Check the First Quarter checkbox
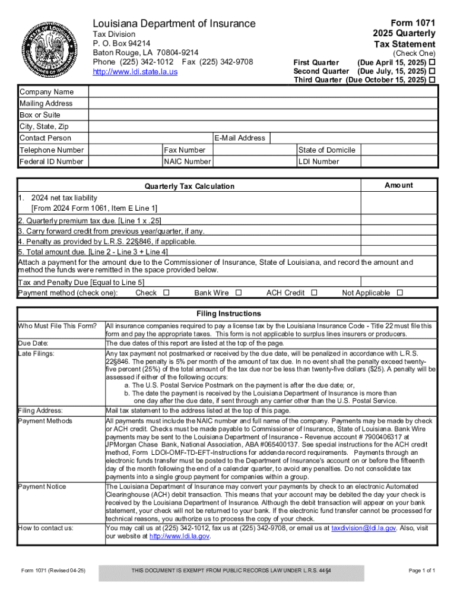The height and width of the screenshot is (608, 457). [x=433, y=62]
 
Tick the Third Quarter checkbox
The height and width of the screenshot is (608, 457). [x=433, y=80]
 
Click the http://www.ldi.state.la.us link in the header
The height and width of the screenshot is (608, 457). [x=135, y=72]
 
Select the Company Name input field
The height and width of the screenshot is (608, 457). [x=263, y=92]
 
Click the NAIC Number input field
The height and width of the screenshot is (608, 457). [x=254, y=161]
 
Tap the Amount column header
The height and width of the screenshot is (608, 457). [x=399, y=185]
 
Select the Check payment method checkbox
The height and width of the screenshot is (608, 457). [x=166, y=293]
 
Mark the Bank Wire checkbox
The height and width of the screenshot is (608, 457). [x=239, y=293]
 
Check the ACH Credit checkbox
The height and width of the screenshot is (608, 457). [x=315, y=293]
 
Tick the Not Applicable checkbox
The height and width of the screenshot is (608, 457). [x=399, y=293]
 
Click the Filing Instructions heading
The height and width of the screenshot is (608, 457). [x=228, y=313]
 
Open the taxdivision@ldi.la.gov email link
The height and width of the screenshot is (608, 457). [x=363, y=528]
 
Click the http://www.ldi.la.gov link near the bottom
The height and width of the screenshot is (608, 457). [x=179, y=536]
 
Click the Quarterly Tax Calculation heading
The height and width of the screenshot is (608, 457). [x=189, y=186]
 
